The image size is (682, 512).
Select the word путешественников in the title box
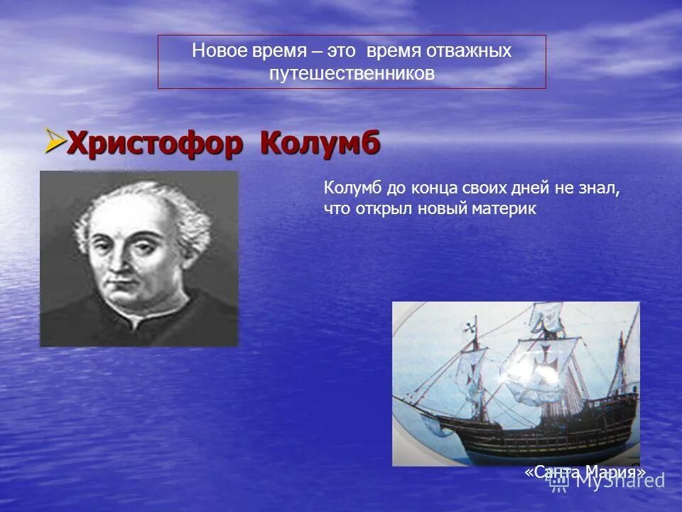352,73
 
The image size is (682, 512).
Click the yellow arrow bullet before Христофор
53,140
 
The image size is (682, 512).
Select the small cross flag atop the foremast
470,328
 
